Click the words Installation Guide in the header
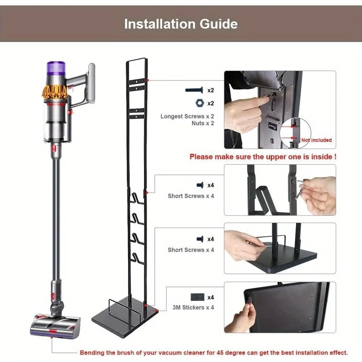click(x=181, y=24)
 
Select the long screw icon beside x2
click(x=195, y=90)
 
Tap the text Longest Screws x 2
click(x=187, y=116)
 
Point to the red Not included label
click(x=316, y=140)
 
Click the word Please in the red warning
click(x=200, y=157)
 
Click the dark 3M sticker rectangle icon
click(x=198, y=297)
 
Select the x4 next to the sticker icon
click(x=211, y=297)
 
